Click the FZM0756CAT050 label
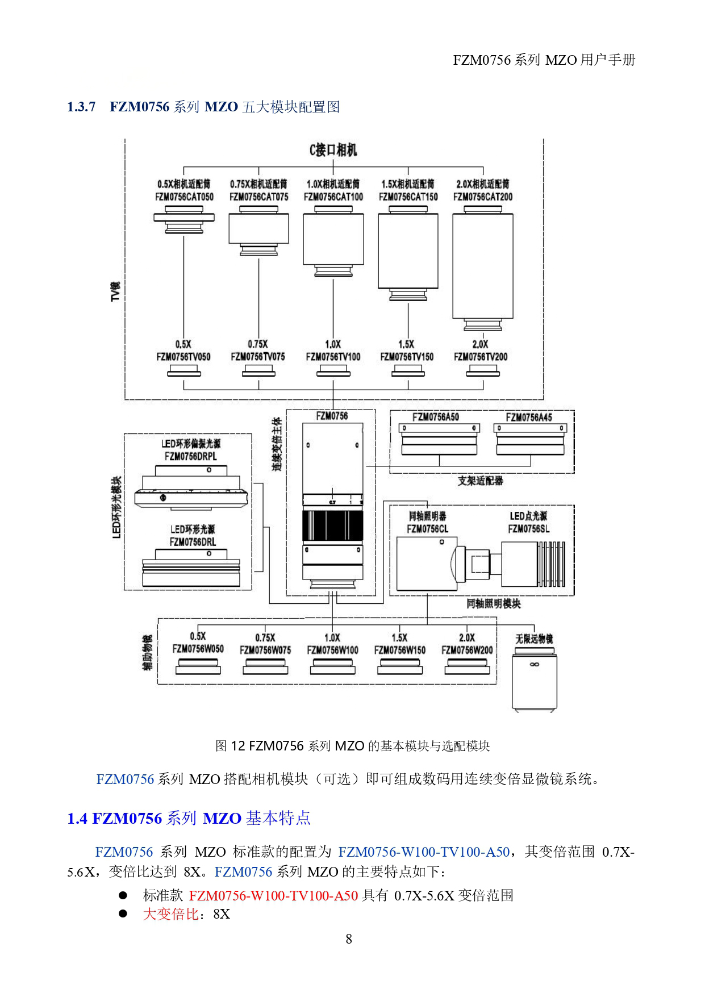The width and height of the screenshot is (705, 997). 184,197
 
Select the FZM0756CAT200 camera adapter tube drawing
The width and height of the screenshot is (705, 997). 483,267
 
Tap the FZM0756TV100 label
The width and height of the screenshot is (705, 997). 333,357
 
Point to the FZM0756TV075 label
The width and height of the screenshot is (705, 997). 258,357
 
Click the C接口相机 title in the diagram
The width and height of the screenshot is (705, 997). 333,150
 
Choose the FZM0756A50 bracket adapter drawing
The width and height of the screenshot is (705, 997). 439,440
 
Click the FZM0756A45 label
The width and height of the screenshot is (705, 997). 529,418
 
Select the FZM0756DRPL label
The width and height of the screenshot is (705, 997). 190,456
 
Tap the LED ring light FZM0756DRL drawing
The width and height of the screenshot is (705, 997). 191,568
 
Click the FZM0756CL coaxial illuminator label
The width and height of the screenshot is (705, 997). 427,529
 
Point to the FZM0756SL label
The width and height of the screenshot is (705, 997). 528,529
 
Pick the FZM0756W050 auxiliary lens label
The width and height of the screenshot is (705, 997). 198,649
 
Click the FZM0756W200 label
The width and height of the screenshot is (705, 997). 467,650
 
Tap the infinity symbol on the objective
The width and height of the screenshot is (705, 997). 534,664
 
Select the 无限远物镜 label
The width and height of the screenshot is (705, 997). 534,639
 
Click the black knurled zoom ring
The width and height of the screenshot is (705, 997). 333,525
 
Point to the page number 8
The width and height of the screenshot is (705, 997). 349,939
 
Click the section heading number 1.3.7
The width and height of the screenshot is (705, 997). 81,107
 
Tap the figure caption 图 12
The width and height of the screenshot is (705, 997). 230,746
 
